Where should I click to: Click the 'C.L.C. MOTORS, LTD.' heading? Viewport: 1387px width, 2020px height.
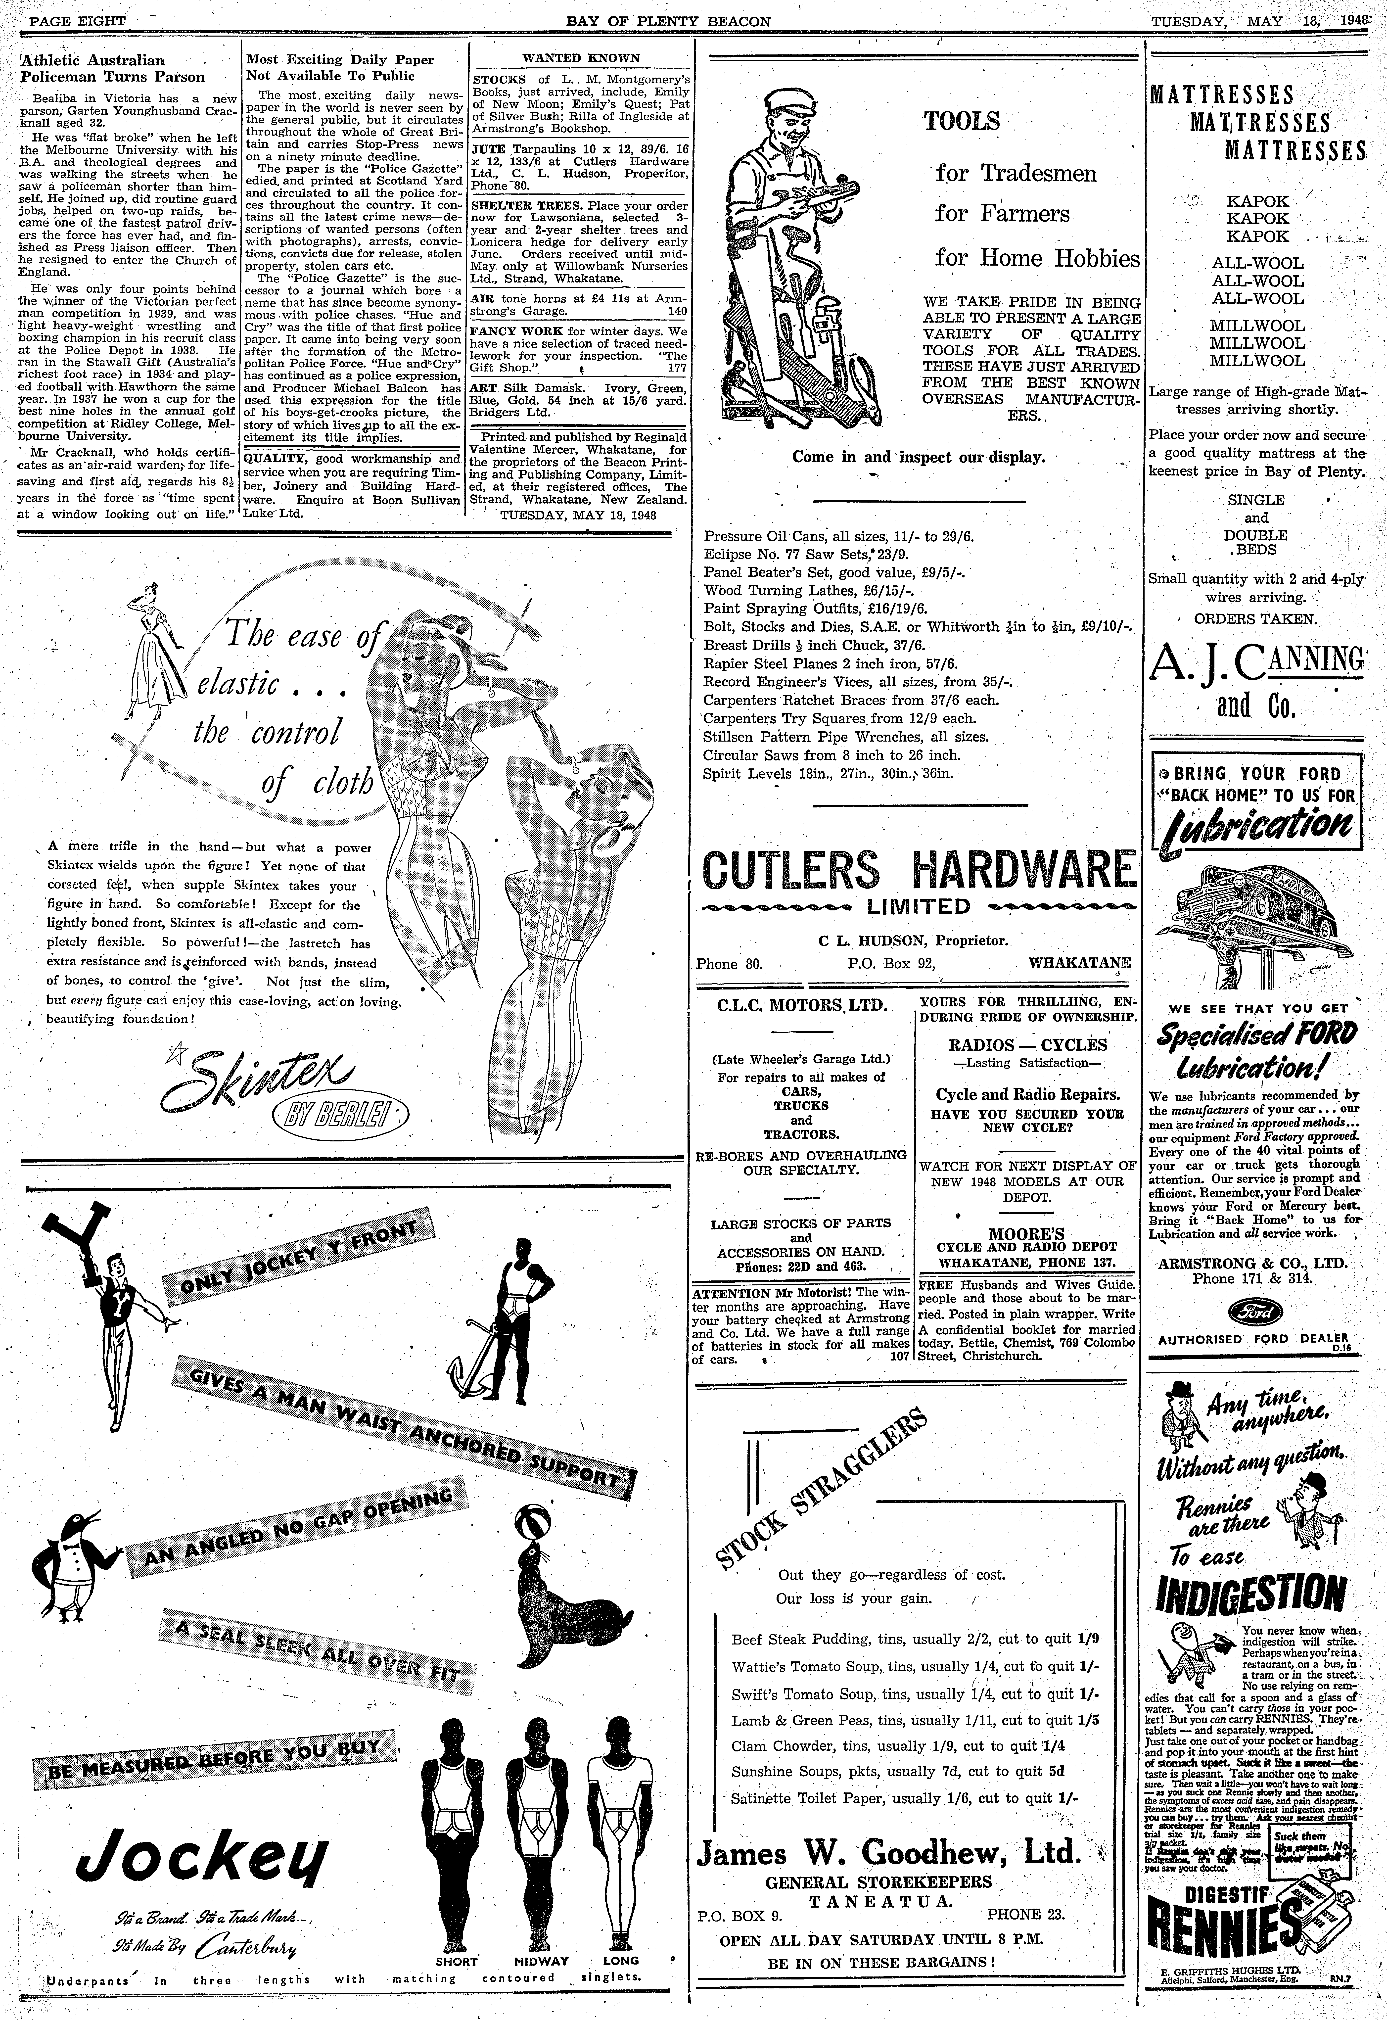point(801,1007)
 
